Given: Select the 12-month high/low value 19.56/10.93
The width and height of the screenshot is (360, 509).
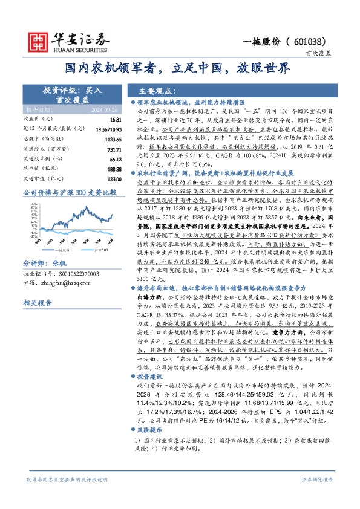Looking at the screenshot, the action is (x=110, y=129).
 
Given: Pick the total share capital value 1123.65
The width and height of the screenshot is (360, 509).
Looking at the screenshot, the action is (x=113, y=138).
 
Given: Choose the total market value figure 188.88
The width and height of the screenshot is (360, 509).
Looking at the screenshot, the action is (x=114, y=169).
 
